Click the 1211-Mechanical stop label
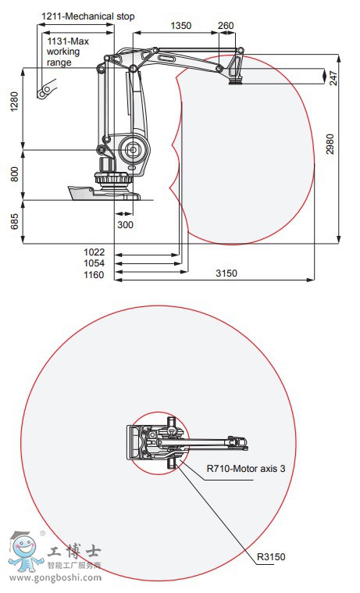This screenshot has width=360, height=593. pyautogui.click(x=87, y=16)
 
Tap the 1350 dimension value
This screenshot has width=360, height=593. pyautogui.click(x=180, y=25)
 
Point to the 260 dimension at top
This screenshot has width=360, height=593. pyautogui.click(x=226, y=25)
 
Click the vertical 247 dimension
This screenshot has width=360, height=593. pyautogui.click(x=333, y=77)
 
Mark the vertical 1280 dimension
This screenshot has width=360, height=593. pyautogui.click(x=14, y=102)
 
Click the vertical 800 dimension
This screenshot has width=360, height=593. pyautogui.click(x=14, y=174)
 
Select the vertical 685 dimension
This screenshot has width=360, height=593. pyautogui.click(x=14, y=222)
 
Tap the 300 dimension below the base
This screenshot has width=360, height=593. pyautogui.click(x=125, y=225)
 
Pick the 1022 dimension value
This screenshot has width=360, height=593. pyautogui.click(x=94, y=252)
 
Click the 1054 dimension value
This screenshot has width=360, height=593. pyautogui.click(x=94, y=263)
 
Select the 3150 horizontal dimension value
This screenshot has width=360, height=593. pyautogui.click(x=226, y=273)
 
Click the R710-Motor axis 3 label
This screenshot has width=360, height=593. pyautogui.click(x=246, y=470)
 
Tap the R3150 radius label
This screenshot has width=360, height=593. pyautogui.click(x=270, y=556)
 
